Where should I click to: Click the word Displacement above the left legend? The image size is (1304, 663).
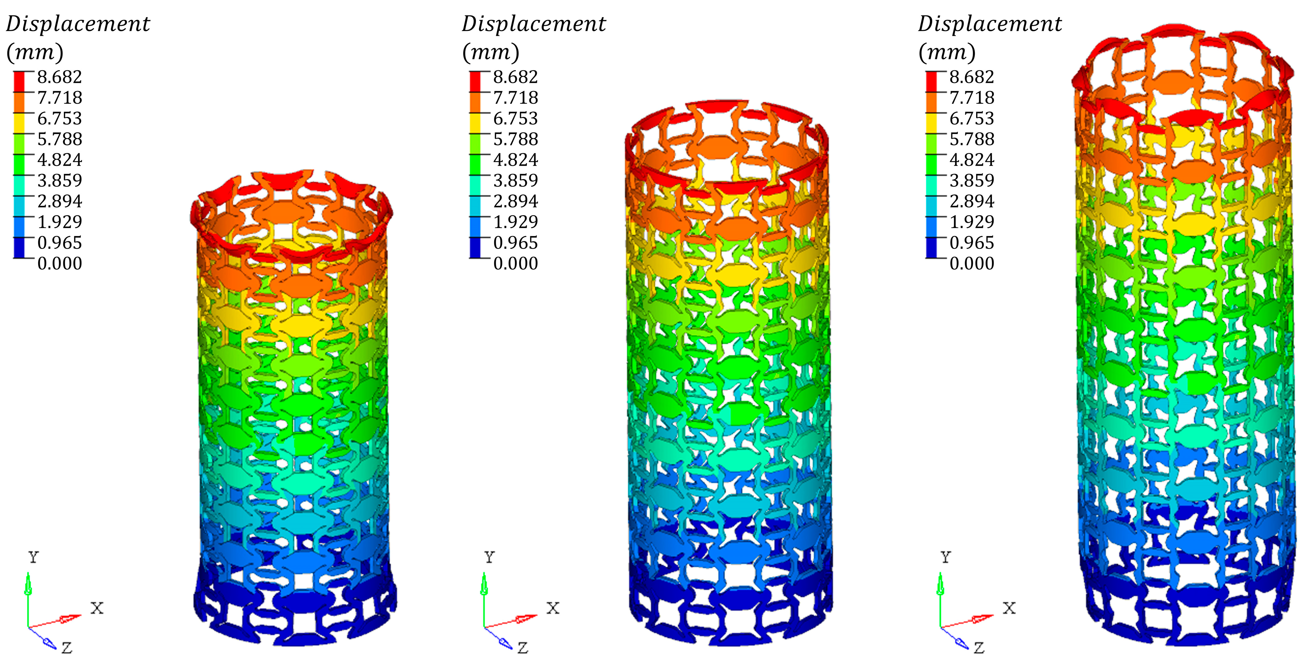pos(78,24)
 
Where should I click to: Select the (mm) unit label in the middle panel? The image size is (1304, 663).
pos(491,52)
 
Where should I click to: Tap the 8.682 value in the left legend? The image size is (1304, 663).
pos(60,77)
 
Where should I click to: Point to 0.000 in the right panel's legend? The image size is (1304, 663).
pos(972,263)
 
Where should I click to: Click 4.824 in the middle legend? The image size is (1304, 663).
pos(516,160)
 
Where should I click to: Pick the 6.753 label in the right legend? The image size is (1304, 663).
pos(972,118)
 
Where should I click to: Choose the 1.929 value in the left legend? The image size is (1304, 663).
pos(60,222)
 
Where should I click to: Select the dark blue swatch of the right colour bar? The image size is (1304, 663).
pos(931,247)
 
